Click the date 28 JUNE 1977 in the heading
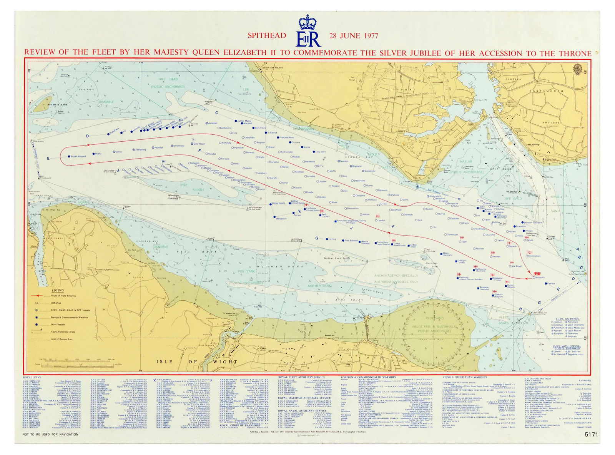pyautogui.click(x=354, y=36)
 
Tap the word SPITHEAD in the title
pyautogui.click(x=267, y=36)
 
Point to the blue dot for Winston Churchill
pyautogui.click(x=522, y=222)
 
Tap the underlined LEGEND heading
pyautogui.click(x=58, y=290)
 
